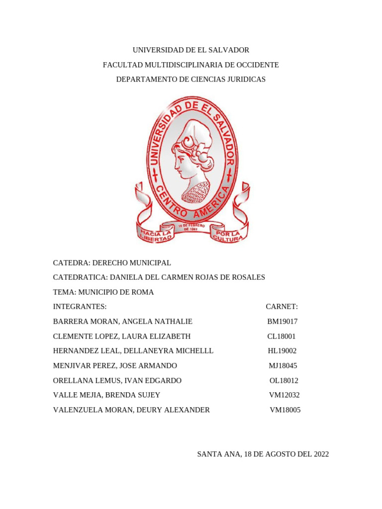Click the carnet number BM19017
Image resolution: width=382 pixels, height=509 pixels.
282,322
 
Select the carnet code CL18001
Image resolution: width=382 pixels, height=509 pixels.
282,337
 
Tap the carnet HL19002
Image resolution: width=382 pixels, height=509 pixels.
283,351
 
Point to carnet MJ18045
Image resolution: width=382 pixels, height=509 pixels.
283,366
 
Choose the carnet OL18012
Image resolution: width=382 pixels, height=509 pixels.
284,381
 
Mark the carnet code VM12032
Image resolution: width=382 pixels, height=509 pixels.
285,395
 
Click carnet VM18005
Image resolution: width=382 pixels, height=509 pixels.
285,410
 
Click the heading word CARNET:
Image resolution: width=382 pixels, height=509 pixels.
282,307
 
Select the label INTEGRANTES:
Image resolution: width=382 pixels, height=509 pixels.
80,307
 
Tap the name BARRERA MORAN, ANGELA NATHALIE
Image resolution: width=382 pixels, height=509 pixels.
122,322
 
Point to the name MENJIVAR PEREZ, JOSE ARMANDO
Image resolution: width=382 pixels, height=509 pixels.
115,366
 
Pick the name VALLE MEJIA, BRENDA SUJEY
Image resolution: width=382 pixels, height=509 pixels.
106,395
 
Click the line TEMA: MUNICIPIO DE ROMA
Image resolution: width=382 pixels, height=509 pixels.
103,292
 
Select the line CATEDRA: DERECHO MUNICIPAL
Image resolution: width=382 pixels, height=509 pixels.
112,262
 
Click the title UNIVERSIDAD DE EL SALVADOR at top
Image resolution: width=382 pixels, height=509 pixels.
191,50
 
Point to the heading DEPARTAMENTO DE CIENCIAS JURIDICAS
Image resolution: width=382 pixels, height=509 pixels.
191,80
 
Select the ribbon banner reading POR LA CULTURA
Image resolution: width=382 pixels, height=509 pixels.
228,235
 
